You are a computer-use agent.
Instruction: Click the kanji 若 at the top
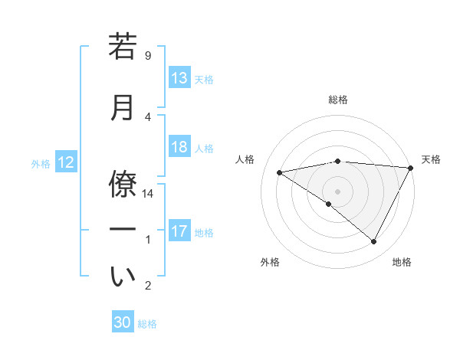[123, 47]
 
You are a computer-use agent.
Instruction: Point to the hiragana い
[123, 277]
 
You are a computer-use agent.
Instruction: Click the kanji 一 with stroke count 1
[123, 229]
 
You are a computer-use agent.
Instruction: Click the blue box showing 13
[179, 78]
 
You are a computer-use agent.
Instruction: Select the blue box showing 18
[179, 148]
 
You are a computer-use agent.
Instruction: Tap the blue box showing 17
[179, 231]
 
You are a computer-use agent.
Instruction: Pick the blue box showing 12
[66, 162]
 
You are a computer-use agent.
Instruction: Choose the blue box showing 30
[123, 322]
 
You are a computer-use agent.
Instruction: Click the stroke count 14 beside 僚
[149, 194]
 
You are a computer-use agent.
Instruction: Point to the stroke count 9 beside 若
[148, 56]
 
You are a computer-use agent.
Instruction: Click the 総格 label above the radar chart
[338, 100]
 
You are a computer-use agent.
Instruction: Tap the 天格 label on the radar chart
[431, 159]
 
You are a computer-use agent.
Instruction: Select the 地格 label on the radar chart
[402, 262]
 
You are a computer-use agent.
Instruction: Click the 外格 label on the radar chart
[270, 262]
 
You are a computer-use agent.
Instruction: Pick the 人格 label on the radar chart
[245, 159]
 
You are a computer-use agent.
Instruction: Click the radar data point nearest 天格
[411, 168]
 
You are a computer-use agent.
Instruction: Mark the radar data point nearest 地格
[373, 241]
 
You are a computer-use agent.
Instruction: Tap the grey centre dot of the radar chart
[337, 191]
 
